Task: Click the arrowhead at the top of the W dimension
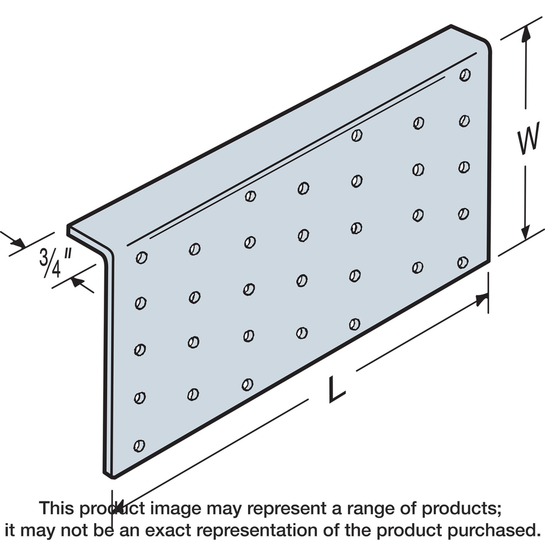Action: coord(526,33)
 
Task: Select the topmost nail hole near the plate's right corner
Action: coord(465,75)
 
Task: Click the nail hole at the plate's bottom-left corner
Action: coord(139,445)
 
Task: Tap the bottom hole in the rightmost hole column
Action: coord(463,262)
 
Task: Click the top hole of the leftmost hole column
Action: coord(142,258)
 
